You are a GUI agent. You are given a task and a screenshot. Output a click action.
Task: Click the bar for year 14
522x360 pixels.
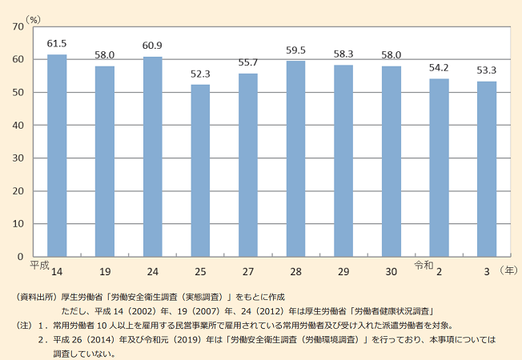[57, 156]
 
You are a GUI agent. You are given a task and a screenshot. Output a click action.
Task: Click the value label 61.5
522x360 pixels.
[57, 42]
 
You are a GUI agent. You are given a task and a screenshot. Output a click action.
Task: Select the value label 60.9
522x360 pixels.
[152, 45]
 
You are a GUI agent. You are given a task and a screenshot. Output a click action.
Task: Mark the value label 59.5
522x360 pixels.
[296, 50]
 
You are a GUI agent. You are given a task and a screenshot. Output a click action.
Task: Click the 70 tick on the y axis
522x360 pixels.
[18, 27]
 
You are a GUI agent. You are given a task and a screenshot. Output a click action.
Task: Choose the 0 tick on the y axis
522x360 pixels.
[21, 257]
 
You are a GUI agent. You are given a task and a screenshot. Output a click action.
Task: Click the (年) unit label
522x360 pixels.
[508, 272]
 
